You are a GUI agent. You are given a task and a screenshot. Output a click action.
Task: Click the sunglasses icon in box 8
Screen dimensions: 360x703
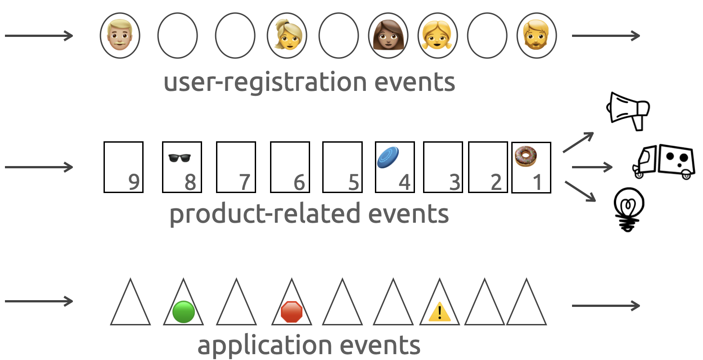pyautogui.click(x=180, y=157)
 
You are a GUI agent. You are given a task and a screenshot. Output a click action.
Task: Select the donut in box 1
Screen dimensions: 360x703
pyautogui.click(x=526, y=157)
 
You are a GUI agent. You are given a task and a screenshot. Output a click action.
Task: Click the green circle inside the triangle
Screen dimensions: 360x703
pyautogui.click(x=183, y=311)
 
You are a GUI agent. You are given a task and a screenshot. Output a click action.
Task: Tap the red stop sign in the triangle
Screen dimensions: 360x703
pyautogui.click(x=291, y=312)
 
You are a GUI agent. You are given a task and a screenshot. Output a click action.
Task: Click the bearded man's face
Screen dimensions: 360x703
pyautogui.click(x=536, y=36)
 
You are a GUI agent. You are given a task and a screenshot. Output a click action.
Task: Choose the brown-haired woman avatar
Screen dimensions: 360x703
pyautogui.click(x=388, y=36)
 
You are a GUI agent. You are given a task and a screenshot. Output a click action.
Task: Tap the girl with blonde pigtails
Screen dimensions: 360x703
pyautogui.click(x=437, y=36)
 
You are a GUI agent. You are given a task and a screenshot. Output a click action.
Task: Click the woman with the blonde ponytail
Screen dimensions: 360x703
pyautogui.click(x=287, y=36)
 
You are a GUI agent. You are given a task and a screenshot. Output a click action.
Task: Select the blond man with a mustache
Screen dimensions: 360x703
pyautogui.click(x=120, y=36)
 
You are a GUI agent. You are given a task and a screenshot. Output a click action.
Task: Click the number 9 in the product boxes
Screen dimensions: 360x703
pyautogui.click(x=134, y=182)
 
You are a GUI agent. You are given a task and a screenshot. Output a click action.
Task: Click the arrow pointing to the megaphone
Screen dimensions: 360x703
pyautogui.click(x=578, y=142)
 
